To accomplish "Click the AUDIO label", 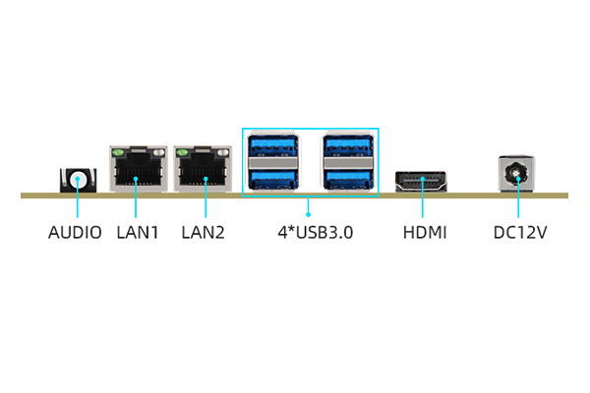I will point(75,234).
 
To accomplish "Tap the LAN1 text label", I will point(137,234).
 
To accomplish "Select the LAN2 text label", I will point(204,234).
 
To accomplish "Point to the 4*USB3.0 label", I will point(309,234).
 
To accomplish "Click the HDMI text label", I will point(425,234).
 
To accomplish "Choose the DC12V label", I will point(519,234).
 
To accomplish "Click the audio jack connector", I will point(78,180).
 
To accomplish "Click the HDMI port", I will point(421,182).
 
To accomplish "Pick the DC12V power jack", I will point(518,176).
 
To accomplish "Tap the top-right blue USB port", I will point(347,148).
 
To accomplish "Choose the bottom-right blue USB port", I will point(347,179).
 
